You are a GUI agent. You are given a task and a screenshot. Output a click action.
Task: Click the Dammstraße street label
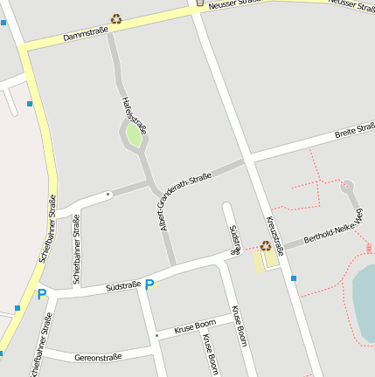[x=85, y=34]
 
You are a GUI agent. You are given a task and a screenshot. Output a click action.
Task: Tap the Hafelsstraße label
[x=134, y=113]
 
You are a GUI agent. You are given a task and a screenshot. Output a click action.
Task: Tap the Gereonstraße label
[x=97, y=357]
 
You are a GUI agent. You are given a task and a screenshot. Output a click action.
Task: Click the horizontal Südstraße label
[x=122, y=285]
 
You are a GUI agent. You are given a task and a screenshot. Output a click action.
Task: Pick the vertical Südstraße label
[x=234, y=239]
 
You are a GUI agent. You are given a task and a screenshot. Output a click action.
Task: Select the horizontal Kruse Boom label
[x=194, y=328]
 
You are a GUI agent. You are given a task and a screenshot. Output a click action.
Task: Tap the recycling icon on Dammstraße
[x=116, y=17]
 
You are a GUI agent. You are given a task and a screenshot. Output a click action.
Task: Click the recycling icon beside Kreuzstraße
[x=266, y=246]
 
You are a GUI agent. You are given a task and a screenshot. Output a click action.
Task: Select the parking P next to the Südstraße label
[x=149, y=284]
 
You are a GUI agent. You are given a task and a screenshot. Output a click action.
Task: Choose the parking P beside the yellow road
[x=41, y=294]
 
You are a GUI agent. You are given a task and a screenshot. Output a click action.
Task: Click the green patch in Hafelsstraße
[x=134, y=134]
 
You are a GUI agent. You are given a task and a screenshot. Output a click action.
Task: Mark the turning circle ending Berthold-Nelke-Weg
[x=347, y=186]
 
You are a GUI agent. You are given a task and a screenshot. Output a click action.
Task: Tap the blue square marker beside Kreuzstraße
[x=294, y=278]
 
